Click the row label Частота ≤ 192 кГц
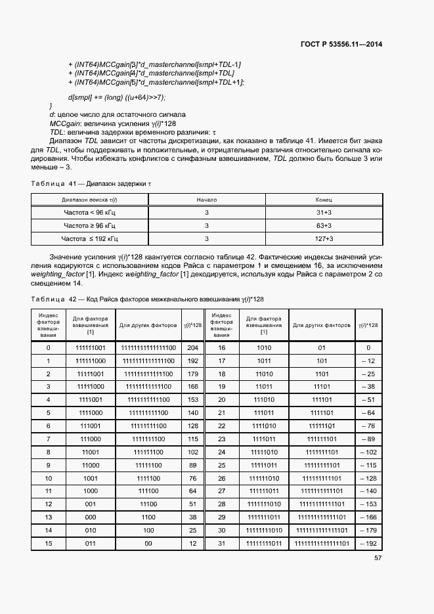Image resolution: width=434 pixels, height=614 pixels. coord(90,238)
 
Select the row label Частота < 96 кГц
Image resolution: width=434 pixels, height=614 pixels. coord(90,213)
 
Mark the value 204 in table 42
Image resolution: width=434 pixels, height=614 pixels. coord(192,347)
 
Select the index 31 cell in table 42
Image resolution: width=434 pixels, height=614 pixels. coord(221,543)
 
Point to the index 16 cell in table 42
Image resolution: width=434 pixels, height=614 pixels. coord(221,347)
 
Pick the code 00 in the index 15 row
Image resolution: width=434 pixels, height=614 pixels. coord(148,543)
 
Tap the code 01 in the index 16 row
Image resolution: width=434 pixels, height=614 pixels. coord(322,347)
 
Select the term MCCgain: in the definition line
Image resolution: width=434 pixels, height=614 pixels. coord(66,123)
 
